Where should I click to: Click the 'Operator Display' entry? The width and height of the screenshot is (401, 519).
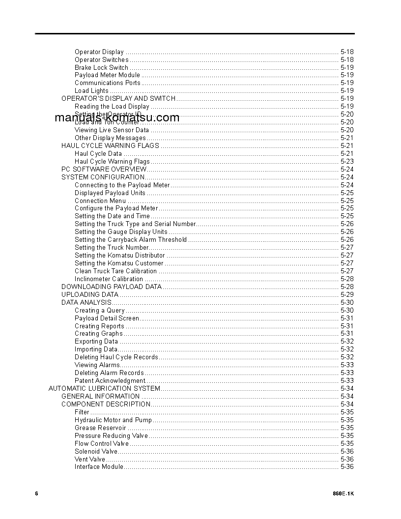(99, 52)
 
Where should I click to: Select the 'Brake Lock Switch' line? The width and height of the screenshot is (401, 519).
(101, 68)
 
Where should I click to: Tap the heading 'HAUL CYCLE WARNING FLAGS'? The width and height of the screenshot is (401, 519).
(110, 146)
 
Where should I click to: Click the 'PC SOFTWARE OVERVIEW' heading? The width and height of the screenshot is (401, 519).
(104, 170)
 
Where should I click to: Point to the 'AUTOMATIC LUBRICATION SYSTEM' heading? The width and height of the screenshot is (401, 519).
(104, 389)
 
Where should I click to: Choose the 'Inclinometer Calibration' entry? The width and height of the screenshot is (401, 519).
(109, 279)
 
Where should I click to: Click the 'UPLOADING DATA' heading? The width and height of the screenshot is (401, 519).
(90, 295)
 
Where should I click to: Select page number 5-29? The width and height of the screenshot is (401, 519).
(346, 295)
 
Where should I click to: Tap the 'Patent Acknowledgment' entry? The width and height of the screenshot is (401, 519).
(110, 381)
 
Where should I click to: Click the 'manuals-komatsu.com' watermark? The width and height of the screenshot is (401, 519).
(117, 118)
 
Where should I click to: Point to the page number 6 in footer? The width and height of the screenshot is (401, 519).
(36, 493)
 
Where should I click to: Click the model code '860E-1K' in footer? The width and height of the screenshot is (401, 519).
(343, 493)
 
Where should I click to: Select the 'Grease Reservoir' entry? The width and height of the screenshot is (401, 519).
(100, 428)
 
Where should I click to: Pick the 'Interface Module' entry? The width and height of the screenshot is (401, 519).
(99, 467)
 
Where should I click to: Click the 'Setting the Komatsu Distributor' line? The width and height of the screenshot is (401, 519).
(119, 256)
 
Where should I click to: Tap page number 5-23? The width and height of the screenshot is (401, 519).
(346, 162)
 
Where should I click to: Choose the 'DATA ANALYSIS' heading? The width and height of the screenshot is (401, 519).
(86, 303)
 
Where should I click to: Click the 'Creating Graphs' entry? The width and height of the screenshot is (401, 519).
(98, 334)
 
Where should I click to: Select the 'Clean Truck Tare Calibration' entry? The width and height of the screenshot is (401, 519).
(115, 271)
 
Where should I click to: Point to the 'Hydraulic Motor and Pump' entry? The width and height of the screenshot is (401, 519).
(113, 420)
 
